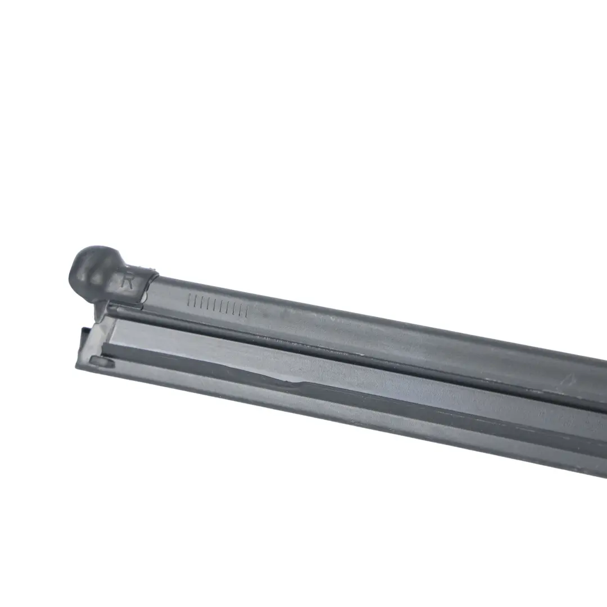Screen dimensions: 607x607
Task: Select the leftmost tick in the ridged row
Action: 188,300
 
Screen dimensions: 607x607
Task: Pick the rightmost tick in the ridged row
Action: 247,310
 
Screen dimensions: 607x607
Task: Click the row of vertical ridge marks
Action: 218,305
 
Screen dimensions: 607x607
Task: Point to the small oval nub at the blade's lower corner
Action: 102,362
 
